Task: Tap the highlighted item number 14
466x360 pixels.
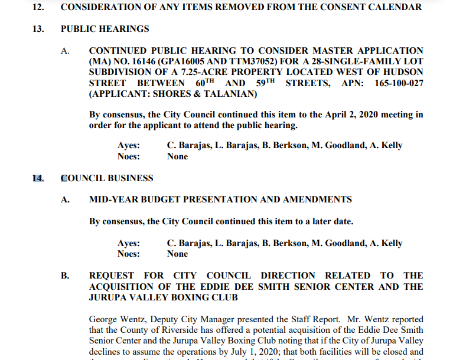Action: click(38, 178)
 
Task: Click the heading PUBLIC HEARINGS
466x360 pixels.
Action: click(105, 28)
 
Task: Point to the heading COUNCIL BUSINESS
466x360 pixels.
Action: click(107, 178)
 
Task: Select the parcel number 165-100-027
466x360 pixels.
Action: click(399, 83)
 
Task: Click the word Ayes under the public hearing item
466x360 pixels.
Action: click(129, 146)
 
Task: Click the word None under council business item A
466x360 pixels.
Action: click(177, 254)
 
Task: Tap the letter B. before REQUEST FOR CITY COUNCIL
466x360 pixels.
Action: click(65, 276)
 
